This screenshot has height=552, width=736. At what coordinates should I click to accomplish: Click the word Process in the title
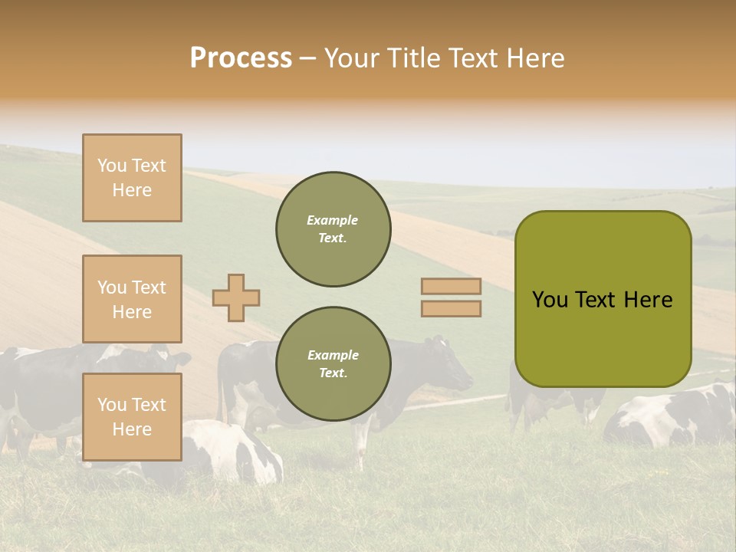241,58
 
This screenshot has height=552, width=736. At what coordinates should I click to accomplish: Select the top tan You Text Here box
132,178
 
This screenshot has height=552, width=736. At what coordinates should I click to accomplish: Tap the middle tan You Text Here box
132,299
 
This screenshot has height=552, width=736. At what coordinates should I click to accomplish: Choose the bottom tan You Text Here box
132,417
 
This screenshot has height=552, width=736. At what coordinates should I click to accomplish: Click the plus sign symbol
236,297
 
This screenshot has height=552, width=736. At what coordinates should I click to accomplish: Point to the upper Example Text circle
333,228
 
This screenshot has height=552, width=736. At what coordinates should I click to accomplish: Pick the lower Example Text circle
333,363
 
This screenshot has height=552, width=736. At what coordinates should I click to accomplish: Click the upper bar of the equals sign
451,286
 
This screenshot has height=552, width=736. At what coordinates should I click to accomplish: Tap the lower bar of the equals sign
451,308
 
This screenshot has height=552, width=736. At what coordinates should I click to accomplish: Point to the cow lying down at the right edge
675,418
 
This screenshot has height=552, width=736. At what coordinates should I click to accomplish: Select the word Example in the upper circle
333,220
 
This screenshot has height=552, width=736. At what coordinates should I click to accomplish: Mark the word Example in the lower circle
333,355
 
